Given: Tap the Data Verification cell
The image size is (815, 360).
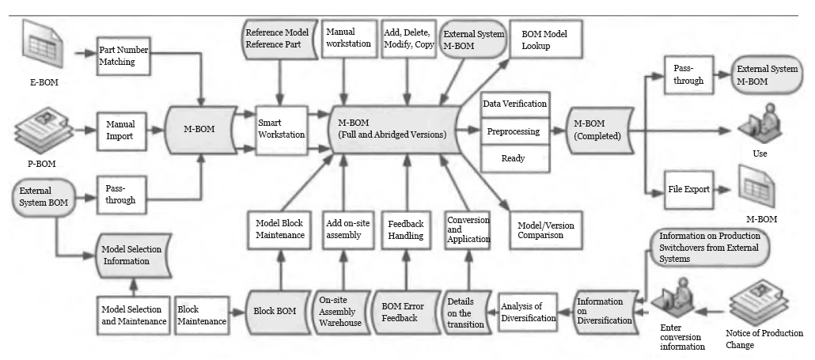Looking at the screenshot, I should [x=514, y=104].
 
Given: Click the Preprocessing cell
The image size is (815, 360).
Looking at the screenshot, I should [x=514, y=131].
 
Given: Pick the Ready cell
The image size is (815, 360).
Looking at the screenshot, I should [x=514, y=158].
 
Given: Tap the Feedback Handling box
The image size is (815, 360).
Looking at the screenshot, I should [x=406, y=230].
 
